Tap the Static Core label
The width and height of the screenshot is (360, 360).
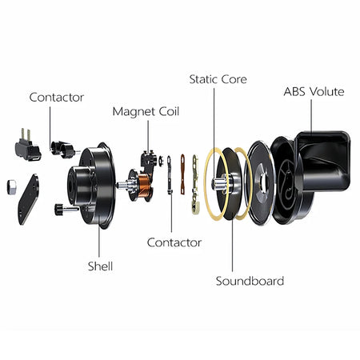tap(218, 79)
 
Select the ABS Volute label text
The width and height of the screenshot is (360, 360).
tap(314, 91)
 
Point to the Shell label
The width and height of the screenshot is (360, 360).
tap(100, 266)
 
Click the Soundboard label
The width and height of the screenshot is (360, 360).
tap(250, 281)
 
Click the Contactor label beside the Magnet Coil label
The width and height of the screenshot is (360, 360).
tap(56, 97)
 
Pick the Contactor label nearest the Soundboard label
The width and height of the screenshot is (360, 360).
tap(174, 242)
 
